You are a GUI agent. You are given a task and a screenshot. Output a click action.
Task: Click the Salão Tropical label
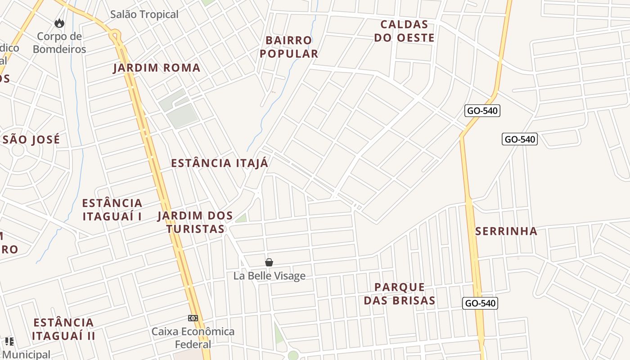[x=144, y=14]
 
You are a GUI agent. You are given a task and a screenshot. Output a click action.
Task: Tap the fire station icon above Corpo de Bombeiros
[x=59, y=23]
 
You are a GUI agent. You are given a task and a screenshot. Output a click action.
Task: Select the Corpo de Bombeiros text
[x=59, y=43]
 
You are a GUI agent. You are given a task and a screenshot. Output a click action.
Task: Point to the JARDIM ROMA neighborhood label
[x=157, y=68]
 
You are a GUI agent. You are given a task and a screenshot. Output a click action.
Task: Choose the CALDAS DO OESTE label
[x=404, y=31]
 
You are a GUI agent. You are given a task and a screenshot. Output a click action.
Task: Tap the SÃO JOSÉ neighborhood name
[x=31, y=139]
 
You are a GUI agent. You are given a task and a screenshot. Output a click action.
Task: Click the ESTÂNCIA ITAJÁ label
[x=220, y=163]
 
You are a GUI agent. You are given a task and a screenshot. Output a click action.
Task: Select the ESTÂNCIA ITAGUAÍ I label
[x=112, y=210]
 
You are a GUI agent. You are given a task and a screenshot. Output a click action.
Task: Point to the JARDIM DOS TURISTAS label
[x=195, y=222]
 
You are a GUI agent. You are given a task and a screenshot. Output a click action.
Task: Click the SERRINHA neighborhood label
[x=506, y=231]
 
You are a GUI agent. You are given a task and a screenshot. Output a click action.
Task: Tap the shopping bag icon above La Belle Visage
[x=269, y=262]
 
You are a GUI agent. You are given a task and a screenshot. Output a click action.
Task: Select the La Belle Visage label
[x=269, y=276]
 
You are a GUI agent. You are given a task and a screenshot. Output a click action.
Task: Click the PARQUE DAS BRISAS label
[x=400, y=294]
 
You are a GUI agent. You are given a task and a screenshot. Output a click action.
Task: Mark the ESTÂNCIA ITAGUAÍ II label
[x=63, y=329]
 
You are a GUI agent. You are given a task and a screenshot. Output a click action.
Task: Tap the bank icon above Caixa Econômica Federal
[x=193, y=318]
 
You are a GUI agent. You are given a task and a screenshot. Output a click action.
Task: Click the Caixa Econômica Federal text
[x=193, y=338]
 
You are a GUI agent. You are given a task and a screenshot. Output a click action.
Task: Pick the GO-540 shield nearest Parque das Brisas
[x=480, y=303]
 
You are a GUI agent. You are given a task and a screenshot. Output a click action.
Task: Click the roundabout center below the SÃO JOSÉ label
[x=18, y=150]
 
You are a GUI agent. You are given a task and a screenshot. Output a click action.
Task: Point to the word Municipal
[x=26, y=355]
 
